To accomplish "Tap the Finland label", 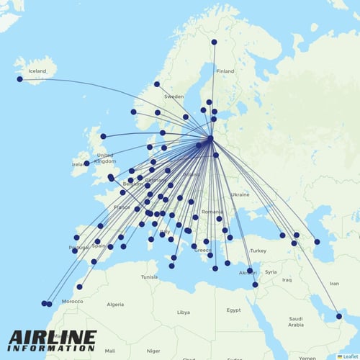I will (x=225, y=71).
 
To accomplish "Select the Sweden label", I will (x=174, y=96).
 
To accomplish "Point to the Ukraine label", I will (x=240, y=194).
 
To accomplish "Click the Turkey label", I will (x=258, y=250).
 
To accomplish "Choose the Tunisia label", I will (x=149, y=276).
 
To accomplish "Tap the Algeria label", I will (x=115, y=305).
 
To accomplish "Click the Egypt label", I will (x=233, y=310).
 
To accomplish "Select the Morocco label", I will (x=72, y=301).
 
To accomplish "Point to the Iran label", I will (x=334, y=284).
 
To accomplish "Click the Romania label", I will (x=212, y=212).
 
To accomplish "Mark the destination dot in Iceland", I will (x=19, y=78).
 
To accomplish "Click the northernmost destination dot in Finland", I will (x=214, y=42).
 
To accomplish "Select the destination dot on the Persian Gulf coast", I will (x=338, y=315).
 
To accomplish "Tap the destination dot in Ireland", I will (x=86, y=163).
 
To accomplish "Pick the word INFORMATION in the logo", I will (x=52, y=348).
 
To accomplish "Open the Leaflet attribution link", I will (x=349, y=356).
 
